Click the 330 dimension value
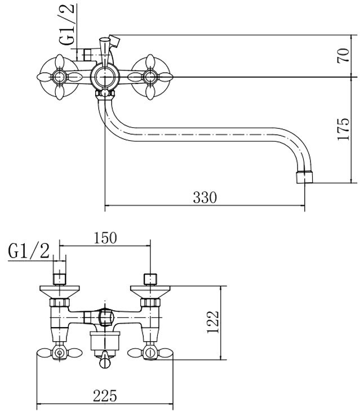(x=205, y=198)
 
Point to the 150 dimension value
(x=105, y=237)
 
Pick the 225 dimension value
(x=105, y=396)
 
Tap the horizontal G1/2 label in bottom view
(x=29, y=250)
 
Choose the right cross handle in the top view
(x=150, y=76)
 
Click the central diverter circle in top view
(x=104, y=75)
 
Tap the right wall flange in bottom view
(x=150, y=292)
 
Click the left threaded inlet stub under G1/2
(x=60, y=278)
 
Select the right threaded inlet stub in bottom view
(x=150, y=278)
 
